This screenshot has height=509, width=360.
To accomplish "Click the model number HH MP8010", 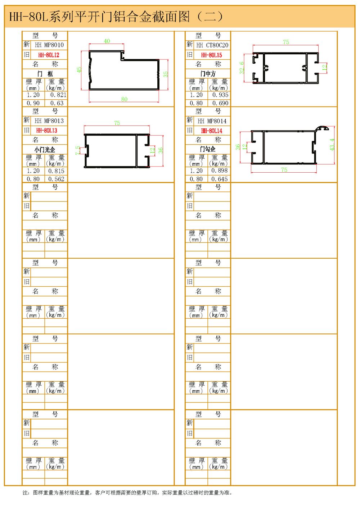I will coord(49,45).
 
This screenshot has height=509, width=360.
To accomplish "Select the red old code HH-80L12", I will coord(49,55).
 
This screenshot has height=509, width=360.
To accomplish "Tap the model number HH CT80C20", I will coord(212,45).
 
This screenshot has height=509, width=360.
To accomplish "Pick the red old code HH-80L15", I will coord(211,55).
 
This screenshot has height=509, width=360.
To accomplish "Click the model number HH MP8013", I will coord(49,121).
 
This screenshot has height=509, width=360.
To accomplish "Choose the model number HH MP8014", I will coord(212,121).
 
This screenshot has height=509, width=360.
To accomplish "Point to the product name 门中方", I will coord(208,74).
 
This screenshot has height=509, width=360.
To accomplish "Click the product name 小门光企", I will coord(45,149).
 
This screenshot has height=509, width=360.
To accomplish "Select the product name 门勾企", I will coord(208,149).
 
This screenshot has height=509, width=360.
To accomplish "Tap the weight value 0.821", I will coord(58,95).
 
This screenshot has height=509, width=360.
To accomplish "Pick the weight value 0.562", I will coord(57,179).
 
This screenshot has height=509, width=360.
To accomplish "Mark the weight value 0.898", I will coord(220,171).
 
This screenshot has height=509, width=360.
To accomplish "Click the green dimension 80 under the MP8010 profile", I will coord(124,99).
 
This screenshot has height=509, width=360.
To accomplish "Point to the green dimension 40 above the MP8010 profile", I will coord(107,41).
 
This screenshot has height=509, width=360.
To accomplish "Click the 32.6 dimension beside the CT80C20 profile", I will coord(242,68).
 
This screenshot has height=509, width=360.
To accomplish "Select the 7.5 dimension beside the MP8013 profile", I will coord(78,150).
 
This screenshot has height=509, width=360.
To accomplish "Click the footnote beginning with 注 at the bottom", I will coord(127,492).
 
